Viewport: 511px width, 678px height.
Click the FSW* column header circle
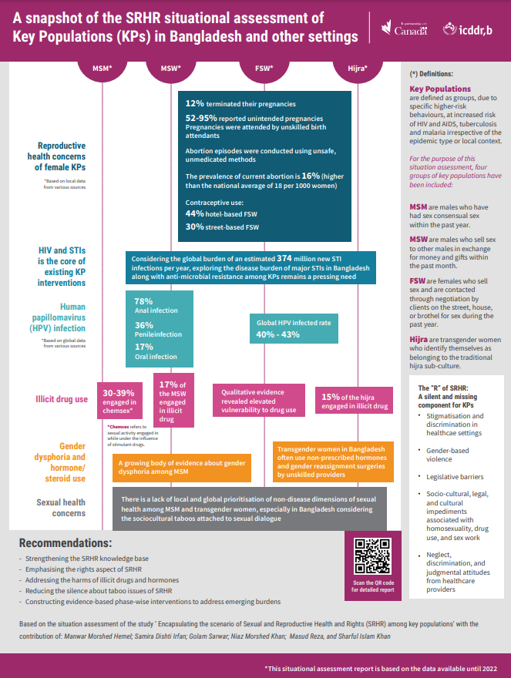264,68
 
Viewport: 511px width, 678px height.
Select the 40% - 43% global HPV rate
278,334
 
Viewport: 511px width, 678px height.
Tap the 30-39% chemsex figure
119,391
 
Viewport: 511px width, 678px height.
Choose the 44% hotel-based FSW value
194,213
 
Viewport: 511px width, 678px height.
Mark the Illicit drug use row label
61,400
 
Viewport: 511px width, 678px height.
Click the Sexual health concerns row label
61,507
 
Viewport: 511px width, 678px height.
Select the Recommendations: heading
66,542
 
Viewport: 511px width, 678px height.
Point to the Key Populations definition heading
439,89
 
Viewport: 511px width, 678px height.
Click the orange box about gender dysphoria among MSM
183,466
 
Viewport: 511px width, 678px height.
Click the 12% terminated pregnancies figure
194,102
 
